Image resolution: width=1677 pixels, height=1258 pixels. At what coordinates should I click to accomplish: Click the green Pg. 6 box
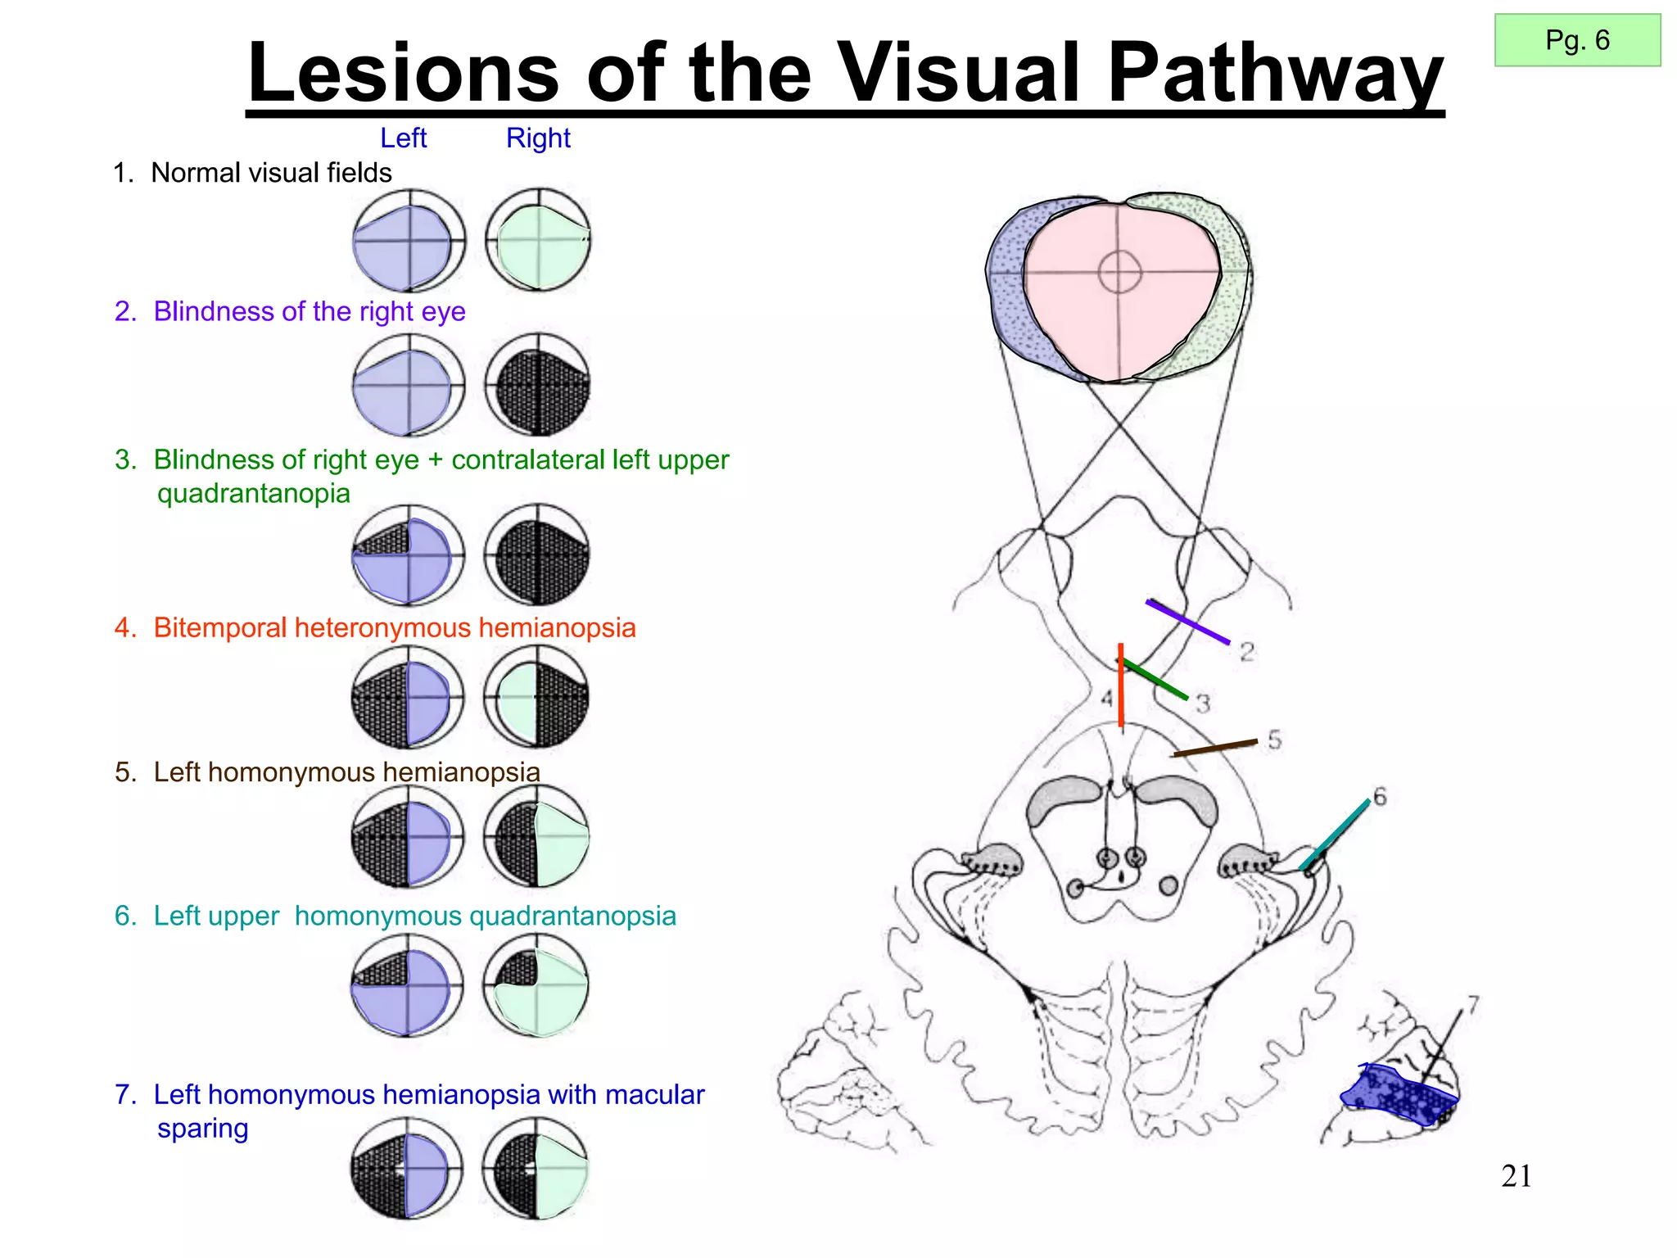click(x=1577, y=40)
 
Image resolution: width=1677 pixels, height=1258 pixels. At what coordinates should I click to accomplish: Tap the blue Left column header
click(x=403, y=138)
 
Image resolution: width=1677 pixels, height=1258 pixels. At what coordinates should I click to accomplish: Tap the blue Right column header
click(x=538, y=138)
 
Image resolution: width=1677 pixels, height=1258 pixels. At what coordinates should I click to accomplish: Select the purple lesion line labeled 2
click(x=1187, y=622)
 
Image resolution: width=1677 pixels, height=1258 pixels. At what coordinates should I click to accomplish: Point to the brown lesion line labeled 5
click(x=1215, y=748)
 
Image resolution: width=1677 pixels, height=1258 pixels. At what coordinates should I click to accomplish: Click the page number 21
click(x=1517, y=1176)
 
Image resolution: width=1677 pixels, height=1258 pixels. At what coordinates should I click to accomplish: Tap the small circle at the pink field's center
click(x=1119, y=272)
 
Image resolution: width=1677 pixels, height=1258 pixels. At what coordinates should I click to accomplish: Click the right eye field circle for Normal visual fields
click(x=538, y=240)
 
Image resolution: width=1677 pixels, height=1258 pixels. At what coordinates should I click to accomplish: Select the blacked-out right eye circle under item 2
click(x=538, y=384)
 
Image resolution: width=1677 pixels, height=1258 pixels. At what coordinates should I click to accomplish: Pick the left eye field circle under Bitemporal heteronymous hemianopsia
click(x=407, y=697)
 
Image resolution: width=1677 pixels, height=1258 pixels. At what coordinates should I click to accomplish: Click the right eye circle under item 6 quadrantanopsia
click(x=536, y=985)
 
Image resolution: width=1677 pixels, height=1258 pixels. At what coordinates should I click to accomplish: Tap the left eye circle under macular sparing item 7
click(x=406, y=1169)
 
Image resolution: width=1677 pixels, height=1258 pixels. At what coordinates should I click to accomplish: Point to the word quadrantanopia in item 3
click(x=254, y=493)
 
